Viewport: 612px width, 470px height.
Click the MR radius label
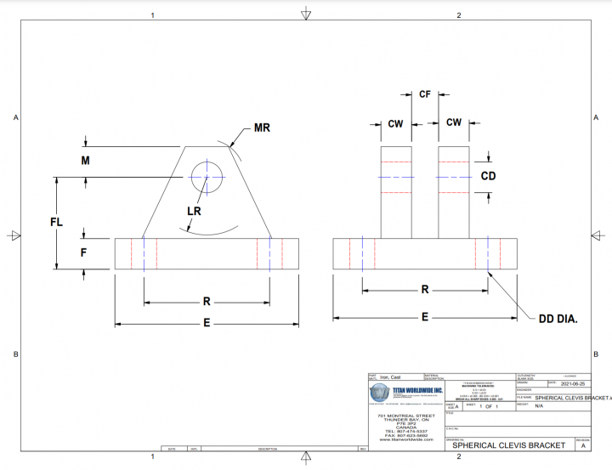point(263,129)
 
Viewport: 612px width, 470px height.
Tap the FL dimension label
point(57,222)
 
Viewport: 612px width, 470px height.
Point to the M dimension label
point(85,160)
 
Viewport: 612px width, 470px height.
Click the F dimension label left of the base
point(83,252)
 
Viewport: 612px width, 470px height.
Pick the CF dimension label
point(425,94)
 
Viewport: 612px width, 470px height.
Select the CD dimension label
point(488,176)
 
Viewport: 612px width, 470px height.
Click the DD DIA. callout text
point(558,320)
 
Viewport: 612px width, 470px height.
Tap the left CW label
point(395,123)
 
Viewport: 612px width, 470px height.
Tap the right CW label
point(454,122)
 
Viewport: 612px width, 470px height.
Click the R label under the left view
point(207,301)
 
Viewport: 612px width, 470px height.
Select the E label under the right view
point(425,316)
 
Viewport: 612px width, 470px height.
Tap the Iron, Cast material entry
point(391,377)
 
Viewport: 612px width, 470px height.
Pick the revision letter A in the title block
point(582,445)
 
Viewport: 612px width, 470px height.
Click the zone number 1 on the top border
point(152,15)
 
